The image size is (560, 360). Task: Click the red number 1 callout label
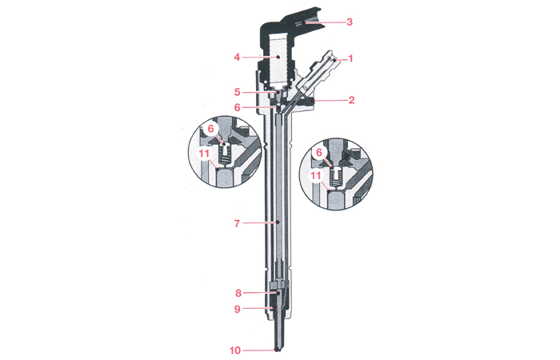click(x=350, y=58)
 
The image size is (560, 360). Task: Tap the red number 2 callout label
click(x=351, y=100)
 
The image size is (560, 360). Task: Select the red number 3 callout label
click(x=350, y=22)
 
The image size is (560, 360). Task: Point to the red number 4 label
click(x=237, y=57)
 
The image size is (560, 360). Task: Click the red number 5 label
click(x=238, y=92)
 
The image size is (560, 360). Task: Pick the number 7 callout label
click(x=237, y=223)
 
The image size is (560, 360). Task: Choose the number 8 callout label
click(x=238, y=294)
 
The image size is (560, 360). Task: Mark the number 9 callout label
click(x=238, y=309)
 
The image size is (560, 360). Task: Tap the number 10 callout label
click(x=235, y=350)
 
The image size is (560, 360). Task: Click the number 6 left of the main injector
click(x=238, y=107)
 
